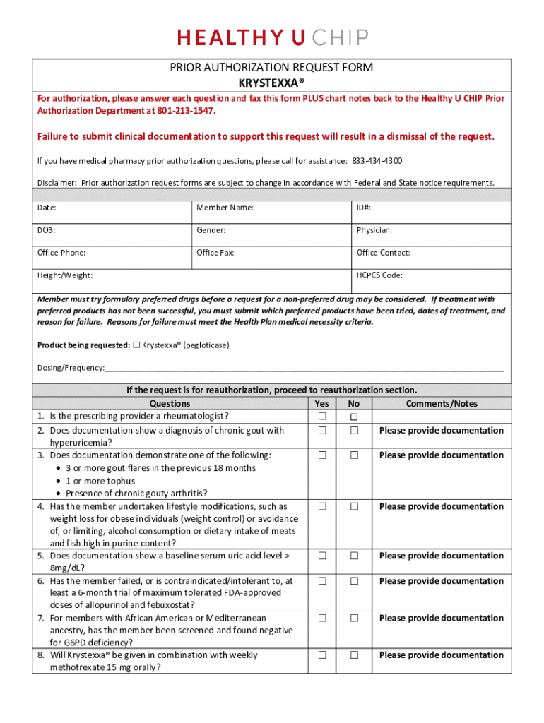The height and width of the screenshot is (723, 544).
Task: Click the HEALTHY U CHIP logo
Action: (272, 37)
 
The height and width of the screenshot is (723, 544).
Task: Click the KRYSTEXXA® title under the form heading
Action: (272, 82)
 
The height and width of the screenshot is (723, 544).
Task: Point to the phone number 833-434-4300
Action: (377, 160)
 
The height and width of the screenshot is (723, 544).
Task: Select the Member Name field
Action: (272, 213)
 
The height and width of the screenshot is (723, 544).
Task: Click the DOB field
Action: (112, 235)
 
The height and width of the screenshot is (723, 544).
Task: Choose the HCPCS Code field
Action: (432, 280)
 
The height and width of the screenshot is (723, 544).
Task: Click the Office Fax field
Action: (272, 258)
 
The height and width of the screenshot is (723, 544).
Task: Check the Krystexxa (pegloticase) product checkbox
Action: (137, 345)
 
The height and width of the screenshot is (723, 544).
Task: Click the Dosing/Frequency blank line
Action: (304, 368)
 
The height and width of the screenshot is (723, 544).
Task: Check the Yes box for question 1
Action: (322, 417)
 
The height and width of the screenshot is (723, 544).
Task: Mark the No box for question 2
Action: (355, 431)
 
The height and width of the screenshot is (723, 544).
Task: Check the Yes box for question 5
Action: (322, 556)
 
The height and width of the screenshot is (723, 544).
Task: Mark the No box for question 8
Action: (355, 655)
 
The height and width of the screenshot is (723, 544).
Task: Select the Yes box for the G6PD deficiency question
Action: (322, 619)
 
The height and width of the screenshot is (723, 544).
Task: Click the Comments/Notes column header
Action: (442, 404)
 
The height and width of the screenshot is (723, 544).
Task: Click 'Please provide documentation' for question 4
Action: (442, 506)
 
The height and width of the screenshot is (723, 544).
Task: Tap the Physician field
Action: (432, 235)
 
